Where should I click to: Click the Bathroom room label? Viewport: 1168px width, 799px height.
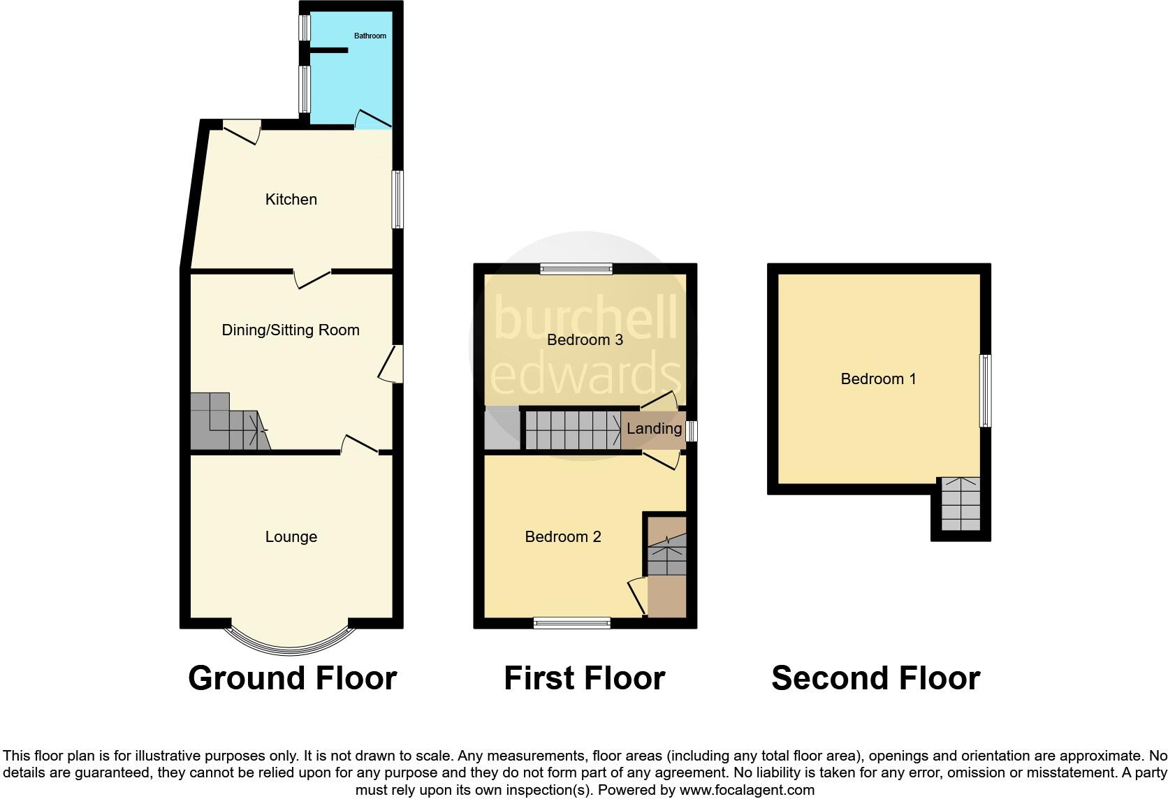click(x=370, y=36)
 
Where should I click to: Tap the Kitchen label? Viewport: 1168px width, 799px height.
click(x=291, y=200)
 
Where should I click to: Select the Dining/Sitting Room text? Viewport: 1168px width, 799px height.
click(x=291, y=330)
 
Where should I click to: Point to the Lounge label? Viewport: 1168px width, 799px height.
click(x=291, y=537)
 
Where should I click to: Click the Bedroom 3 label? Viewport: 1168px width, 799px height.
click(x=585, y=340)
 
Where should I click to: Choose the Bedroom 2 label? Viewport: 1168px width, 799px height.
click(x=563, y=537)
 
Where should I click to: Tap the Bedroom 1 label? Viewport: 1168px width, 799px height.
click(x=878, y=379)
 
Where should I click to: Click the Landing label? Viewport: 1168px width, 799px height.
click(x=654, y=429)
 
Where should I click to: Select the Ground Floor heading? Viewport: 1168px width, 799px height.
click(x=293, y=678)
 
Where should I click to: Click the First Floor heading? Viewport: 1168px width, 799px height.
click(x=584, y=678)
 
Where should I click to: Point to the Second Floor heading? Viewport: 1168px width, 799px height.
click(x=875, y=678)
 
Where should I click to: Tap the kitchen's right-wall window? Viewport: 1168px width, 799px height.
click(x=397, y=200)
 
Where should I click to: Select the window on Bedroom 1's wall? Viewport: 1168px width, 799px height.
click(x=985, y=390)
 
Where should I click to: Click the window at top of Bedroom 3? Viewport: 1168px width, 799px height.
click(x=576, y=269)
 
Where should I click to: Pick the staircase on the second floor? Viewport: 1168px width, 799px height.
click(x=961, y=504)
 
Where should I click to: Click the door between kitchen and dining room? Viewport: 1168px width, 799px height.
click(x=312, y=279)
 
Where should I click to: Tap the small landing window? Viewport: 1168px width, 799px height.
click(x=692, y=430)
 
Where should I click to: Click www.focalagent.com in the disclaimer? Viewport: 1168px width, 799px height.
click(x=747, y=791)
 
